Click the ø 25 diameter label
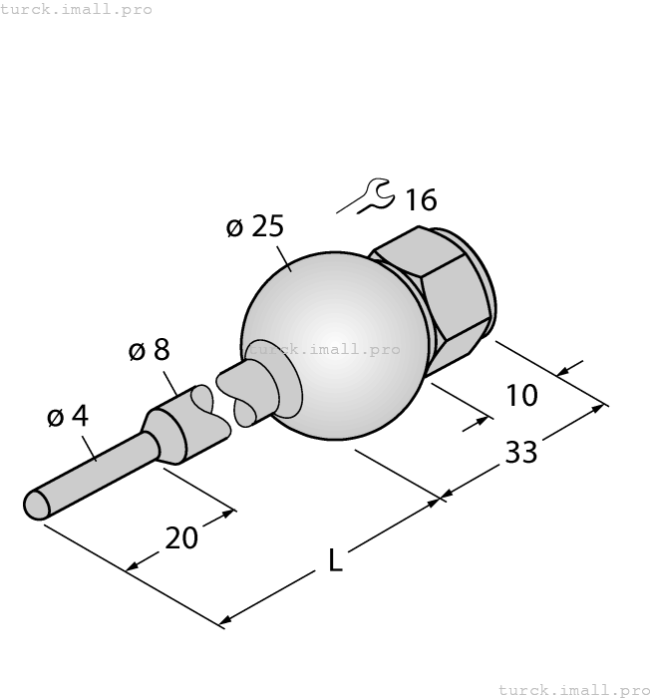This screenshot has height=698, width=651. click(255, 227)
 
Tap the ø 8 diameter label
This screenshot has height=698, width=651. click(150, 350)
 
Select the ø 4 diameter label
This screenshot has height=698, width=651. click(68, 417)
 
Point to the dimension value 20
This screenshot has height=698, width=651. click(181, 538)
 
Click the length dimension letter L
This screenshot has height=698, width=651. click(336, 562)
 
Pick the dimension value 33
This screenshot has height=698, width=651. click(520, 453)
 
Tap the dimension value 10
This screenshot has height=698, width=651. click(521, 396)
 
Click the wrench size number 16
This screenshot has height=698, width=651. click(421, 200)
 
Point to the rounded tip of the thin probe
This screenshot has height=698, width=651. click(37, 504)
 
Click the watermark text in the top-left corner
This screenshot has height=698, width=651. click(77, 9)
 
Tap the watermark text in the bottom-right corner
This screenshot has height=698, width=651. click(573, 689)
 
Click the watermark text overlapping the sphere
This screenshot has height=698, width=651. click(324, 349)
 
